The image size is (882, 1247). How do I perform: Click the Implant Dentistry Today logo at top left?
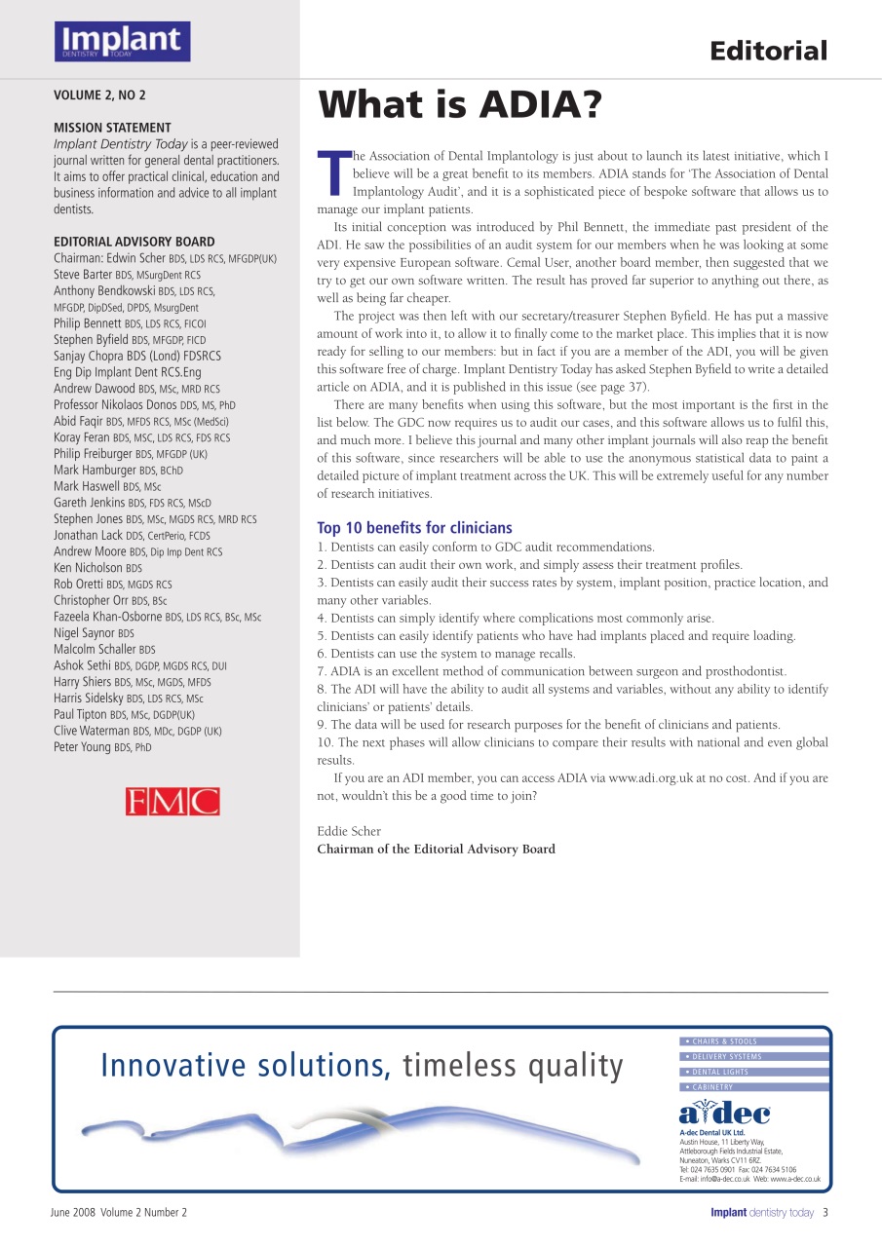click(x=122, y=41)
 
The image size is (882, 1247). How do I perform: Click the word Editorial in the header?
click(x=768, y=51)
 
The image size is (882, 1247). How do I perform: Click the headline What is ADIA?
click(x=461, y=105)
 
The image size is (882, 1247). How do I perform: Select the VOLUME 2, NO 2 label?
click(x=98, y=95)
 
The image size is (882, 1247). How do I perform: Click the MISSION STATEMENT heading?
click(x=112, y=128)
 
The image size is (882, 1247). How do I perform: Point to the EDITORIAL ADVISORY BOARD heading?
click(x=134, y=242)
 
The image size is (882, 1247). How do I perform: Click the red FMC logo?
click(x=173, y=801)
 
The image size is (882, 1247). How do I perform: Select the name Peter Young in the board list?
click(x=83, y=747)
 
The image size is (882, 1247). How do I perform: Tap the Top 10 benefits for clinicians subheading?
click(x=414, y=528)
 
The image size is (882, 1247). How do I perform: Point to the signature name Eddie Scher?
click(x=349, y=831)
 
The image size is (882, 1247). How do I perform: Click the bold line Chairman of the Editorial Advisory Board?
click(x=436, y=850)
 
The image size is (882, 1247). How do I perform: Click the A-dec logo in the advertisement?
click(x=724, y=1113)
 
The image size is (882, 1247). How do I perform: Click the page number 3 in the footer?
click(x=824, y=1213)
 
